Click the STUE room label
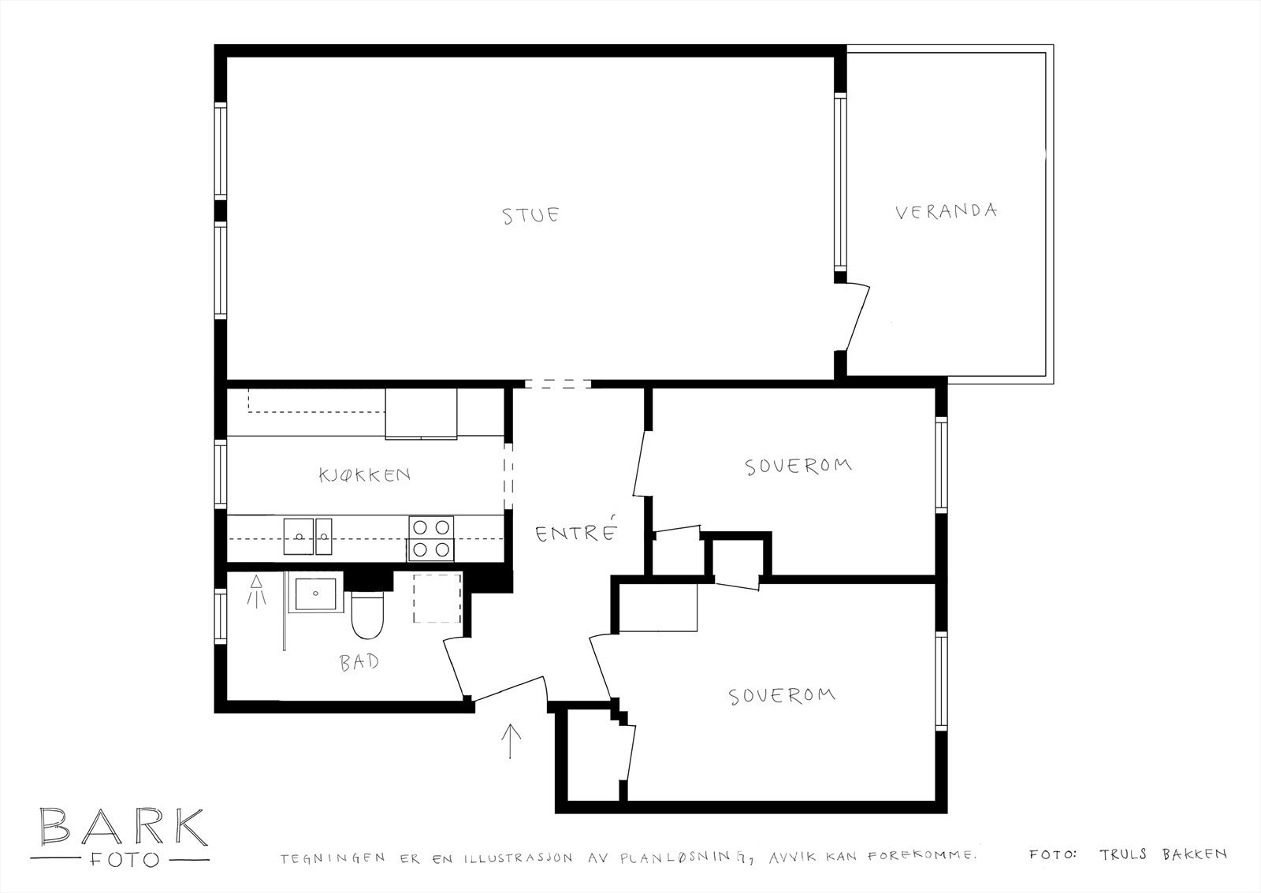[531, 215]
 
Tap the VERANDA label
[946, 211]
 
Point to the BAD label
[359, 662]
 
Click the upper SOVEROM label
[798, 466]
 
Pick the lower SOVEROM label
[781, 696]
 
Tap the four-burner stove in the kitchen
[431, 538]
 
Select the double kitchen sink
[308, 537]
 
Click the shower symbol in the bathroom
[256, 591]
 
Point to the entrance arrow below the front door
[511, 741]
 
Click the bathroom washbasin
[314, 594]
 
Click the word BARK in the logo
[123, 825]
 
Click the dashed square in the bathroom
[437, 598]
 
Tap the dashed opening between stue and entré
[557, 384]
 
